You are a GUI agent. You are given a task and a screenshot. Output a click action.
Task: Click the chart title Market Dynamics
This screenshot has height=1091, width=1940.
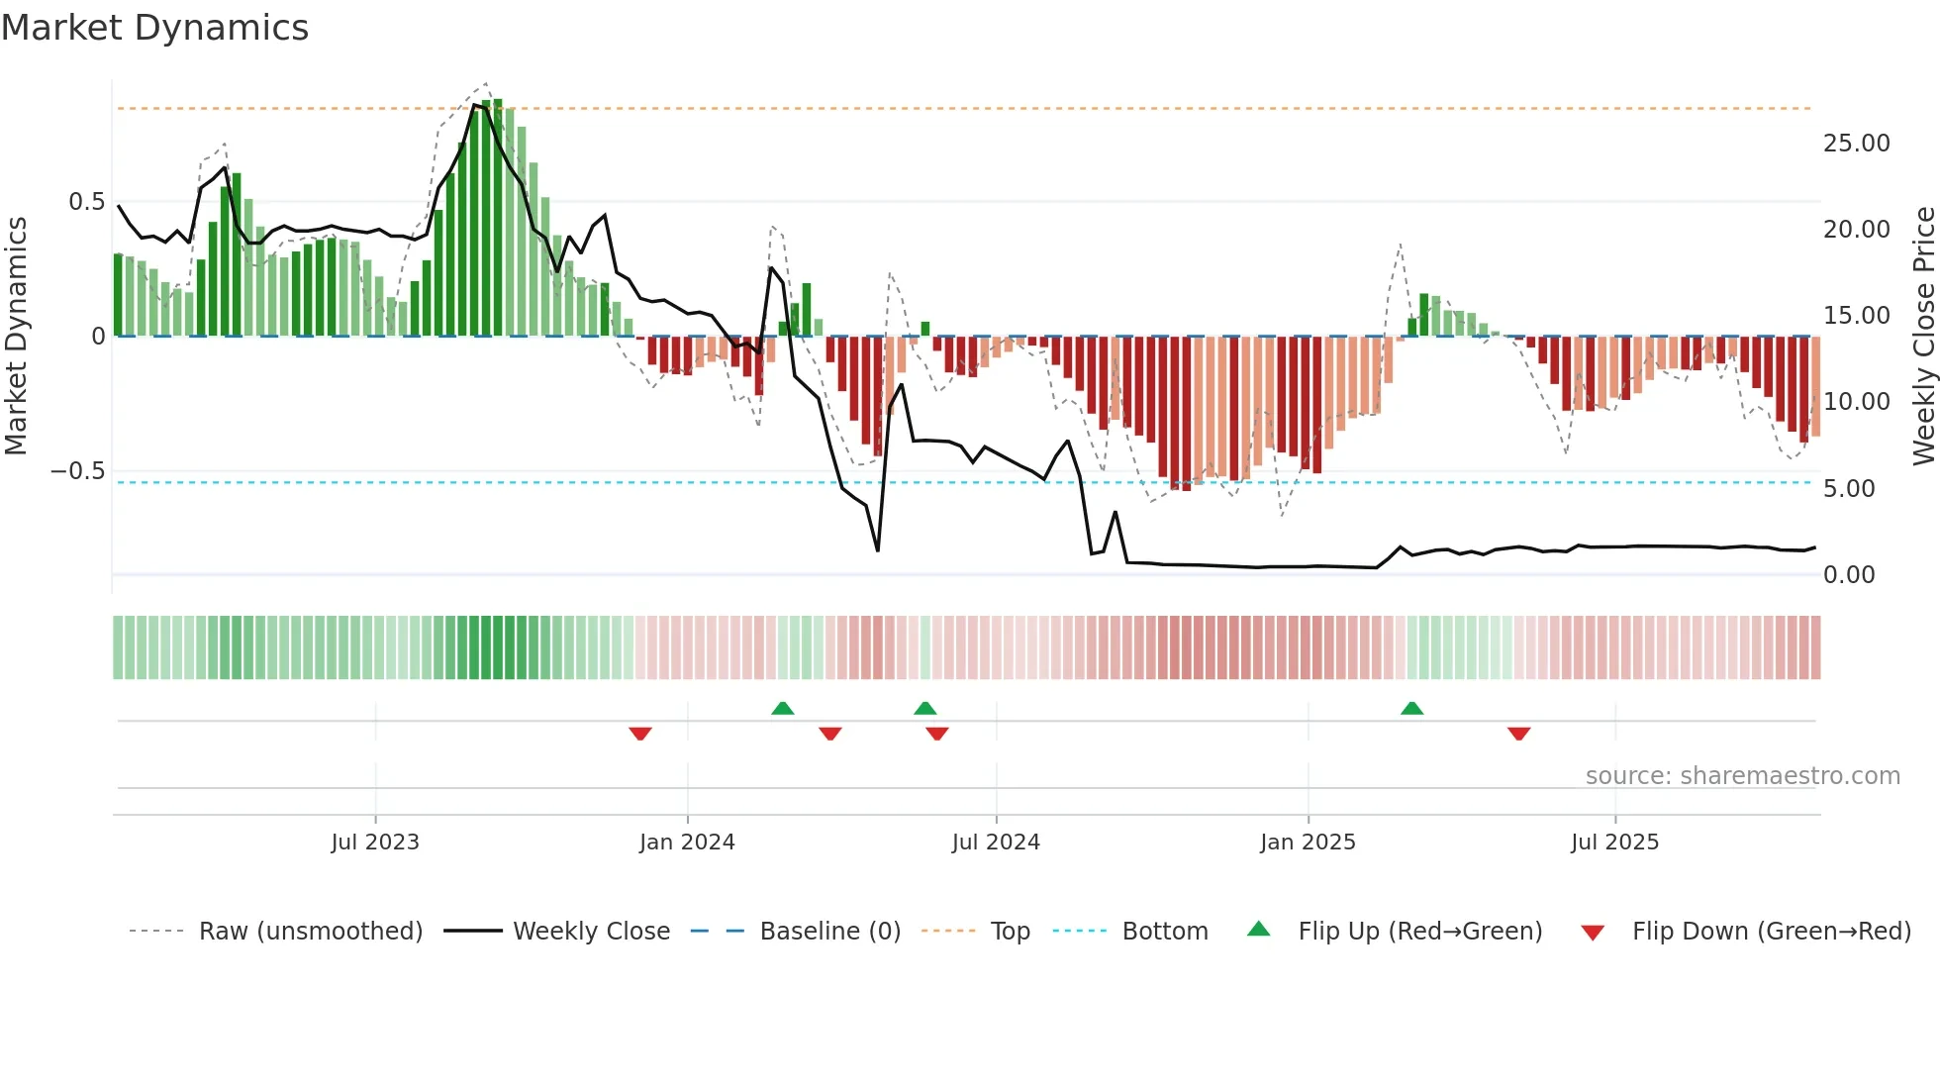154,28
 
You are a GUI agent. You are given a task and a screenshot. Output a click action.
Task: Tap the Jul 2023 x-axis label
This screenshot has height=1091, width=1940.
375,843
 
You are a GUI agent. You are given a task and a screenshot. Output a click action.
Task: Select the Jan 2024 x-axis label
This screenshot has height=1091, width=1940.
687,843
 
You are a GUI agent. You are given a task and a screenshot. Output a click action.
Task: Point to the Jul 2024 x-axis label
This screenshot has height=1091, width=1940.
996,843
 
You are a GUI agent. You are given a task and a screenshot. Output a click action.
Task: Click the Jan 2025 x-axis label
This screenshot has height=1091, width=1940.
1308,843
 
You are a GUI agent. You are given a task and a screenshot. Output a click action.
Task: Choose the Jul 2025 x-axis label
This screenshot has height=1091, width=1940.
1614,843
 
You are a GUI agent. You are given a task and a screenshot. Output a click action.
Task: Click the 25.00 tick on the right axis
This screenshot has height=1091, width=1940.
1856,144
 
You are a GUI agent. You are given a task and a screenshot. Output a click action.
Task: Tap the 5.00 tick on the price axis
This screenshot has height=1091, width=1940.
1849,489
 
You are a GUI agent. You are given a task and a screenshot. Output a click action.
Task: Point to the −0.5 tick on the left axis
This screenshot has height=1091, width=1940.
77,471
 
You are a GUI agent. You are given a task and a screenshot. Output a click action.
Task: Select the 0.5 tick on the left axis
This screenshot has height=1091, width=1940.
86,202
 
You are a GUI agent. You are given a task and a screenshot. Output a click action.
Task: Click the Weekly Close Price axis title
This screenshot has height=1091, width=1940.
1923,336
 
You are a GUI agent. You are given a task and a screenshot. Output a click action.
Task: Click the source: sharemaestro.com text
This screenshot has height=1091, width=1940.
1742,776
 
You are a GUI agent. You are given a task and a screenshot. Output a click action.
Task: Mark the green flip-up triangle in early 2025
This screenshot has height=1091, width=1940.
1412,708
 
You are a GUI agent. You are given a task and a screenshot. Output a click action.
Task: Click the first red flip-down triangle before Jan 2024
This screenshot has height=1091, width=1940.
640,734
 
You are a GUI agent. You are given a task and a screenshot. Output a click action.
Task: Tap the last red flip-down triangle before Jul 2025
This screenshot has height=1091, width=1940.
1519,734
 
